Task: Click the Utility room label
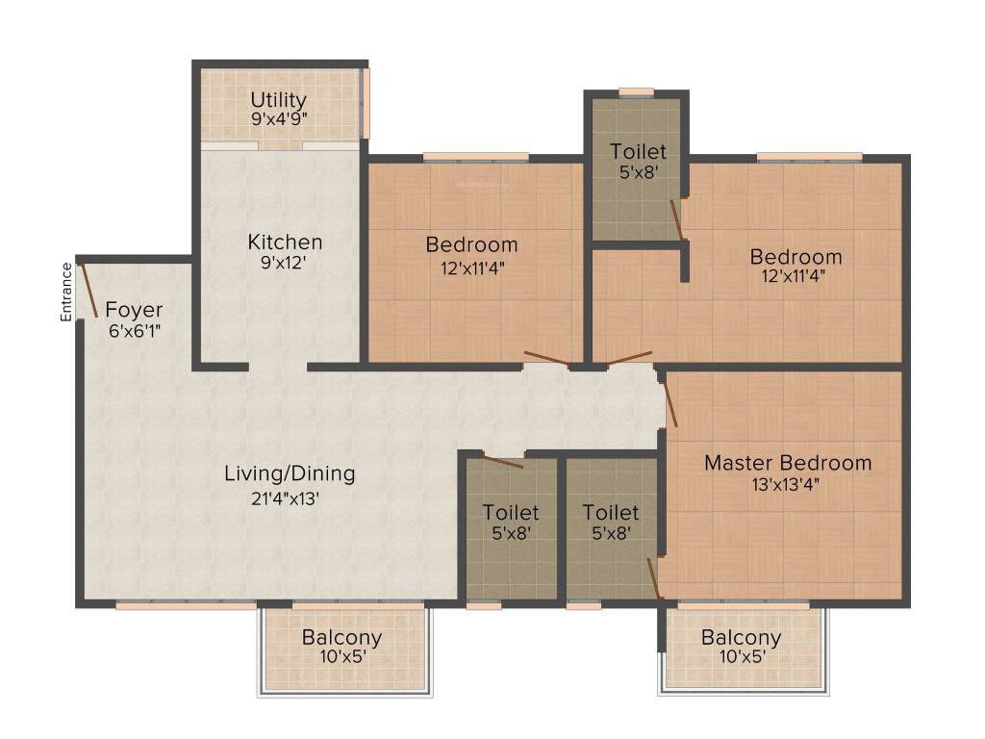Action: tap(278, 100)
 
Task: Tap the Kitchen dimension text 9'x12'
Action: tap(284, 263)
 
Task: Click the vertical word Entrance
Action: tap(66, 293)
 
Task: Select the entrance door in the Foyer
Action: tap(88, 291)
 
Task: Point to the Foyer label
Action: tap(134, 310)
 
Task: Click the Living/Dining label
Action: tap(290, 473)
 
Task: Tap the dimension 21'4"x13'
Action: tap(286, 499)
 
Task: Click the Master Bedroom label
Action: tap(788, 463)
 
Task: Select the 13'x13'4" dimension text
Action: tap(785, 485)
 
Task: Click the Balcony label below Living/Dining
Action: tap(341, 637)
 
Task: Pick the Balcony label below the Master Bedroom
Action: tap(742, 637)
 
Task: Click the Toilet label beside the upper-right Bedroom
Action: tap(639, 151)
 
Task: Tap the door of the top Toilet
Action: tap(677, 220)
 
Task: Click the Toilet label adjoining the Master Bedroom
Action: tap(611, 513)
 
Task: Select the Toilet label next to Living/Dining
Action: tap(511, 513)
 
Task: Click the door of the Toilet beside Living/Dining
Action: tap(503, 461)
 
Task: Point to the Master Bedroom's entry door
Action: tap(669, 403)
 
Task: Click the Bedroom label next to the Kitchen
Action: tap(471, 244)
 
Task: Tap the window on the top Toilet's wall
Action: tap(637, 93)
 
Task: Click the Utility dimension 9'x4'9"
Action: tap(280, 118)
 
